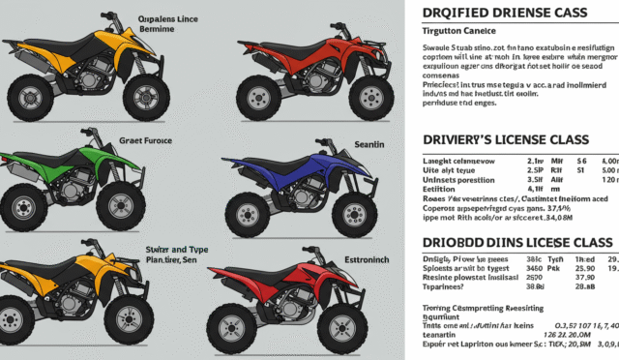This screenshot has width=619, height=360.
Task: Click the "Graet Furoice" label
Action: tap(145, 139)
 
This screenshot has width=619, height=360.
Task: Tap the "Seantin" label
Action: tap(371, 143)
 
